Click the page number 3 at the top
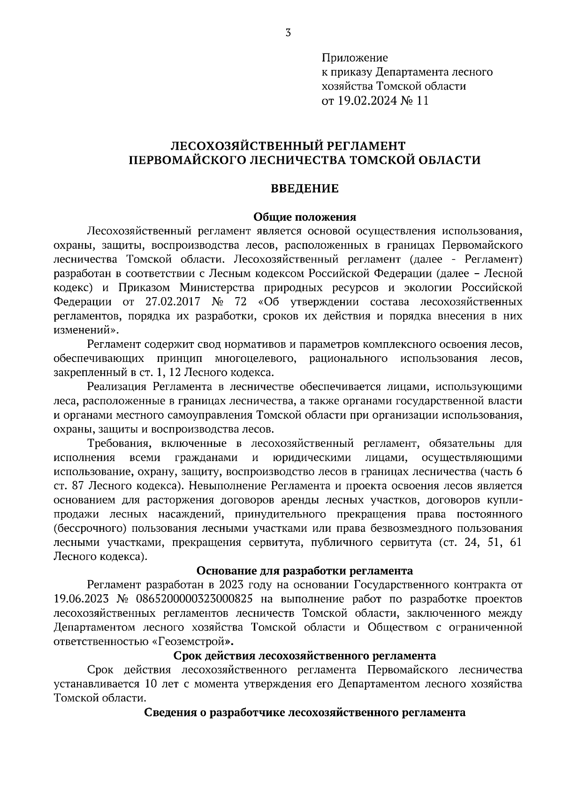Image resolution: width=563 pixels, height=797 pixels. [x=288, y=32]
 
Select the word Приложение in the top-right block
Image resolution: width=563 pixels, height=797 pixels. [x=355, y=58]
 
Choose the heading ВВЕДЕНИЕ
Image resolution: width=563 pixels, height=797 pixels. [x=305, y=189]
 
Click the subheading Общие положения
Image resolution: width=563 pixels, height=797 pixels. [x=305, y=217]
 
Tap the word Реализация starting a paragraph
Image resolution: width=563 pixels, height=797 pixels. [x=117, y=387]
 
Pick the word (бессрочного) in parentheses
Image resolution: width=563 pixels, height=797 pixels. [x=91, y=528]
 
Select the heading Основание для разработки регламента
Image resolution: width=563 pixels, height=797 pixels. [x=304, y=571]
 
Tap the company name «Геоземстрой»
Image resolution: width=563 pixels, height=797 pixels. [x=194, y=641]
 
